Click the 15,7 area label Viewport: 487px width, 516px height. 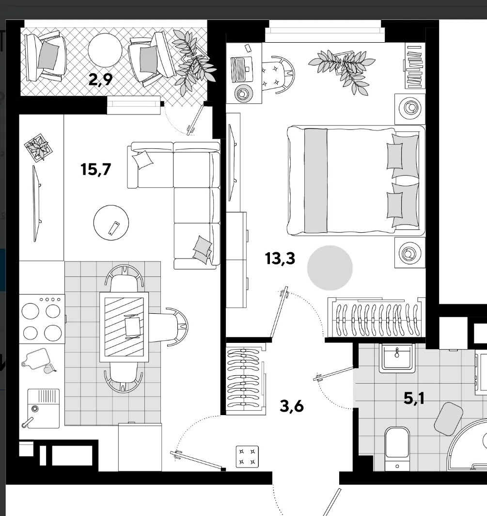(x=95, y=169)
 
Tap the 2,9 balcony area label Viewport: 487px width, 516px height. (x=100, y=80)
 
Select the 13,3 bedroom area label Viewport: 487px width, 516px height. (x=280, y=258)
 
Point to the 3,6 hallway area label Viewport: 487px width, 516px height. (x=291, y=406)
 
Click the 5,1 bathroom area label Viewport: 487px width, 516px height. (x=414, y=399)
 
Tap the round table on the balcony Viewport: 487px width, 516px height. (x=105, y=50)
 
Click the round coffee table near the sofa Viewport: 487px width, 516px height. (x=111, y=223)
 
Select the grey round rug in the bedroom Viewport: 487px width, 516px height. (x=330, y=268)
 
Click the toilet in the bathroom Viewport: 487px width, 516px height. (x=397, y=449)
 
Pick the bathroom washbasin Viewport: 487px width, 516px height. (x=396, y=358)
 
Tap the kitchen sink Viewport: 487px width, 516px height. (x=44, y=408)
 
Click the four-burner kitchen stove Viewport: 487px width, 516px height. (x=42, y=319)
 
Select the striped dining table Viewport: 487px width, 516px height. (x=124, y=327)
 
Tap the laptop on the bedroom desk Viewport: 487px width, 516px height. (x=242, y=70)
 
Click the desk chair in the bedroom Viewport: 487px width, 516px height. (x=278, y=75)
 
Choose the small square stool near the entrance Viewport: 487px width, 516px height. (x=247, y=457)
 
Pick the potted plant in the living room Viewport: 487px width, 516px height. (x=38, y=147)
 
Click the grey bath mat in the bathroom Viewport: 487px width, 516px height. (x=449, y=419)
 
